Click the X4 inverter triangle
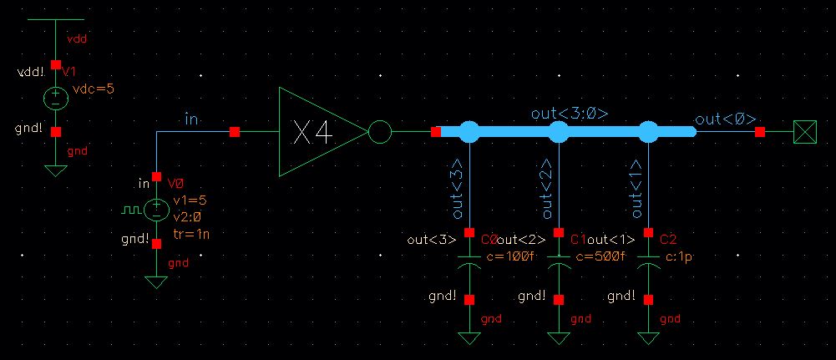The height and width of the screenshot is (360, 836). tap(317, 132)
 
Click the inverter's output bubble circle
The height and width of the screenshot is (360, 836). tap(379, 132)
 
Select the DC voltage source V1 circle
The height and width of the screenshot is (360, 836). tap(55, 98)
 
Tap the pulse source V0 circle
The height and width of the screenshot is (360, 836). tap(156, 209)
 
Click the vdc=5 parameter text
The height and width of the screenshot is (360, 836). tap(94, 89)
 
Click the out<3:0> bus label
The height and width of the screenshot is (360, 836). tap(569, 113)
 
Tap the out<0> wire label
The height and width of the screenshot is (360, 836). tap(714, 119)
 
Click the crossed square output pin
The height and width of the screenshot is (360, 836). tap(804, 132)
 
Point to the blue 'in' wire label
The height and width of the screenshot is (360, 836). tap(191, 120)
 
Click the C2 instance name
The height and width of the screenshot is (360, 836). tap(667, 240)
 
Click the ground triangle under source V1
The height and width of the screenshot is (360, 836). tap(55, 171)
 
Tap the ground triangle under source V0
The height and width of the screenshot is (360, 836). tap(156, 282)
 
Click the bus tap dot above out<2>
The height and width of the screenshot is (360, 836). tap(559, 131)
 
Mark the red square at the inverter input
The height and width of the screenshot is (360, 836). tap(235, 132)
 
